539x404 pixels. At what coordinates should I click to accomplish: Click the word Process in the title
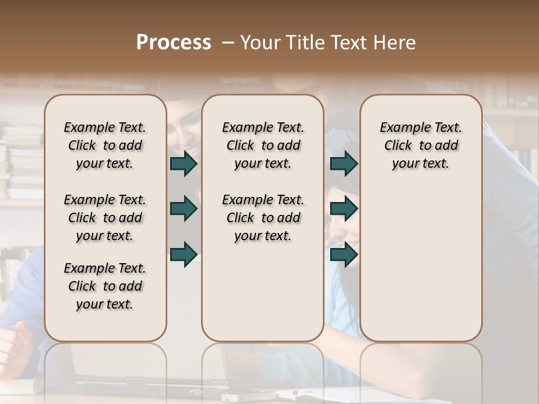pyautogui.click(x=173, y=43)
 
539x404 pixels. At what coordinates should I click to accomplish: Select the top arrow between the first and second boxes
pyautogui.click(x=184, y=164)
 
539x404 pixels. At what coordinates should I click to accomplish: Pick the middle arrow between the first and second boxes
pyautogui.click(x=184, y=209)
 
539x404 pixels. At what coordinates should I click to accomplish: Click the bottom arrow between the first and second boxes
pyautogui.click(x=184, y=254)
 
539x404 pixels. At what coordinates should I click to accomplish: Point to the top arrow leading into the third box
pyautogui.click(x=344, y=164)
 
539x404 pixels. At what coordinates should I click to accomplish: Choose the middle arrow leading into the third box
pyautogui.click(x=344, y=209)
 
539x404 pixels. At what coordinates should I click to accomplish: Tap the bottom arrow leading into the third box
pyautogui.click(x=344, y=254)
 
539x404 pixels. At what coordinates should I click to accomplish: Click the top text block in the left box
pyautogui.click(x=105, y=145)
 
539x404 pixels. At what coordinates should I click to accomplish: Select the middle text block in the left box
pyautogui.click(x=105, y=218)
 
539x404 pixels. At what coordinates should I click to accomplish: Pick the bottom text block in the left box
pyautogui.click(x=105, y=287)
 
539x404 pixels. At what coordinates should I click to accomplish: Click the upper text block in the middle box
pyautogui.click(x=263, y=145)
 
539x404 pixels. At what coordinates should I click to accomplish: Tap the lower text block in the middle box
pyautogui.click(x=263, y=218)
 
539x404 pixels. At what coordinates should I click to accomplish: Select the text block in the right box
pyautogui.click(x=421, y=145)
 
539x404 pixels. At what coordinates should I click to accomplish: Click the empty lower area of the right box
pyautogui.click(x=421, y=258)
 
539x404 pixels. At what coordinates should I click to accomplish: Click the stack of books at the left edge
pyautogui.click(x=22, y=163)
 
